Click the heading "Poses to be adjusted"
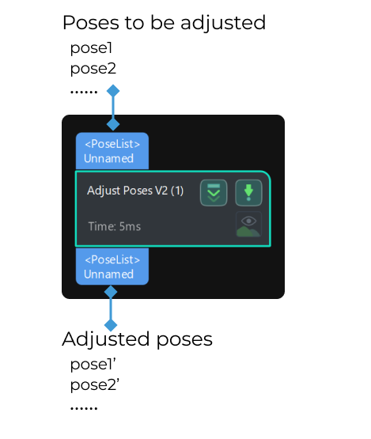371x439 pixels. pyautogui.click(x=164, y=22)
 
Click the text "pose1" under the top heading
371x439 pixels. pyautogui.click(x=91, y=48)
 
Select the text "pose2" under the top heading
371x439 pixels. pyautogui.click(x=93, y=69)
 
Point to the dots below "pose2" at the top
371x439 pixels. pyautogui.click(x=83, y=92)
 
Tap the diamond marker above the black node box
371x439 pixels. pyautogui.click(x=113, y=91)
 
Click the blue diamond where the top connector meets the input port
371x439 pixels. pyautogui.click(x=113, y=123)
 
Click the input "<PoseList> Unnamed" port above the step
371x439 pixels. pyautogui.click(x=112, y=151)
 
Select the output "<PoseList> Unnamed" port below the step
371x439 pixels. pyautogui.click(x=112, y=266)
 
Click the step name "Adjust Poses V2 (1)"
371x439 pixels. pyautogui.click(x=135, y=191)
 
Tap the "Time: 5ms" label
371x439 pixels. pyautogui.click(x=114, y=226)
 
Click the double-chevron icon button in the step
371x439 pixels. pyautogui.click(x=214, y=192)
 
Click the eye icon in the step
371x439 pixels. pyautogui.click(x=248, y=224)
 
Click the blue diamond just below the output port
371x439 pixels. pyautogui.click(x=111, y=293)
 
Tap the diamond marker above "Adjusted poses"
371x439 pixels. pyautogui.click(x=111, y=324)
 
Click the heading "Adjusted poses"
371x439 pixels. pyautogui.click(x=137, y=339)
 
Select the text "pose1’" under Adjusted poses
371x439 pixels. pyautogui.click(x=93, y=365)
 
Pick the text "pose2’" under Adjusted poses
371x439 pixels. pyautogui.click(x=94, y=385)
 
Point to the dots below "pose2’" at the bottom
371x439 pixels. pyautogui.click(x=83, y=408)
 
